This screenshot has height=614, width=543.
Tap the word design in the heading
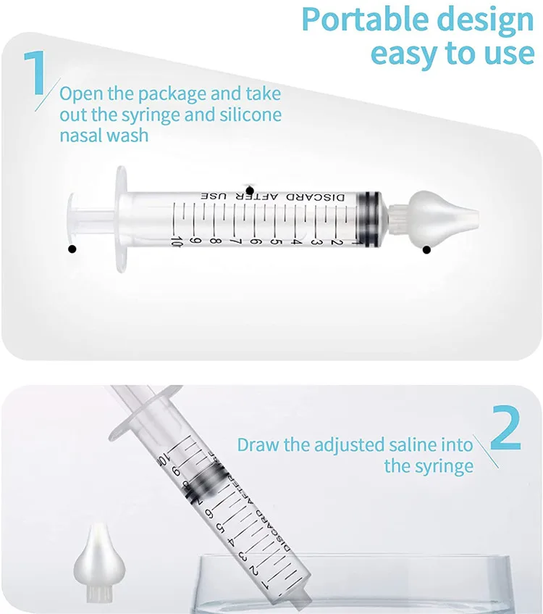[x=487, y=20]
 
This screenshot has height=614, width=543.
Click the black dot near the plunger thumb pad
[x=72, y=249]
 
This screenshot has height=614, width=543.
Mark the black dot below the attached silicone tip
[x=426, y=249]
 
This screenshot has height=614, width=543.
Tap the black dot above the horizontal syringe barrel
[x=250, y=188]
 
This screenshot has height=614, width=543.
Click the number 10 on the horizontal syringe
[x=175, y=240]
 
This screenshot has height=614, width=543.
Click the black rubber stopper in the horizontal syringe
[x=369, y=217]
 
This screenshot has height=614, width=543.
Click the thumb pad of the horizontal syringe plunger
[x=72, y=217]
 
